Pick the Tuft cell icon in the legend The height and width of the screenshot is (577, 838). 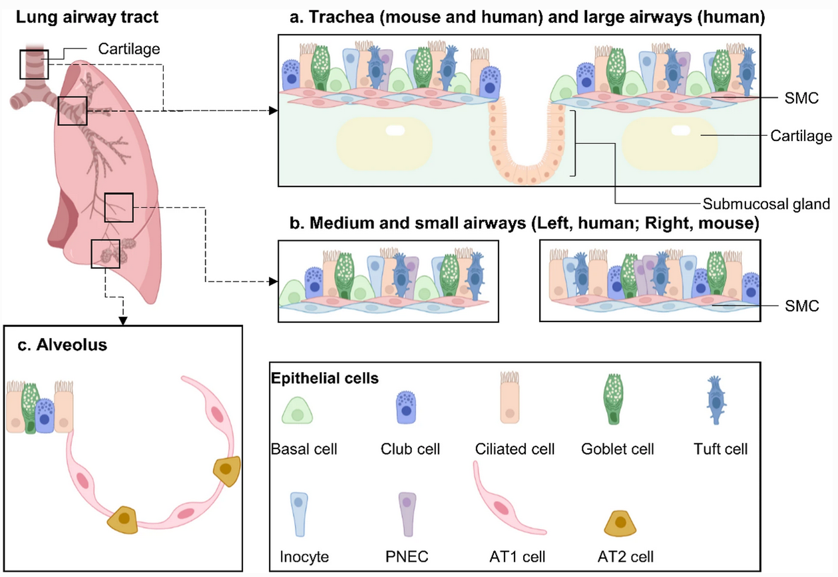716,407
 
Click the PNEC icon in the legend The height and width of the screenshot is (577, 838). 406,514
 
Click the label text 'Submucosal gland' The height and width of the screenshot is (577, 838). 766,204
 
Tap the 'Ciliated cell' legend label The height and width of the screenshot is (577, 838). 515,449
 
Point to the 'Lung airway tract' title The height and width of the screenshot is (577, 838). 87,17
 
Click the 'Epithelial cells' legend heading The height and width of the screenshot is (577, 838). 325,379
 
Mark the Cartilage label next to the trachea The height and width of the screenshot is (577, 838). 128,48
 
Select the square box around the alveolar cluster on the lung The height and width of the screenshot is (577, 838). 105,253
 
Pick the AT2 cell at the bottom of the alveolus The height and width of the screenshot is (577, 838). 124,518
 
